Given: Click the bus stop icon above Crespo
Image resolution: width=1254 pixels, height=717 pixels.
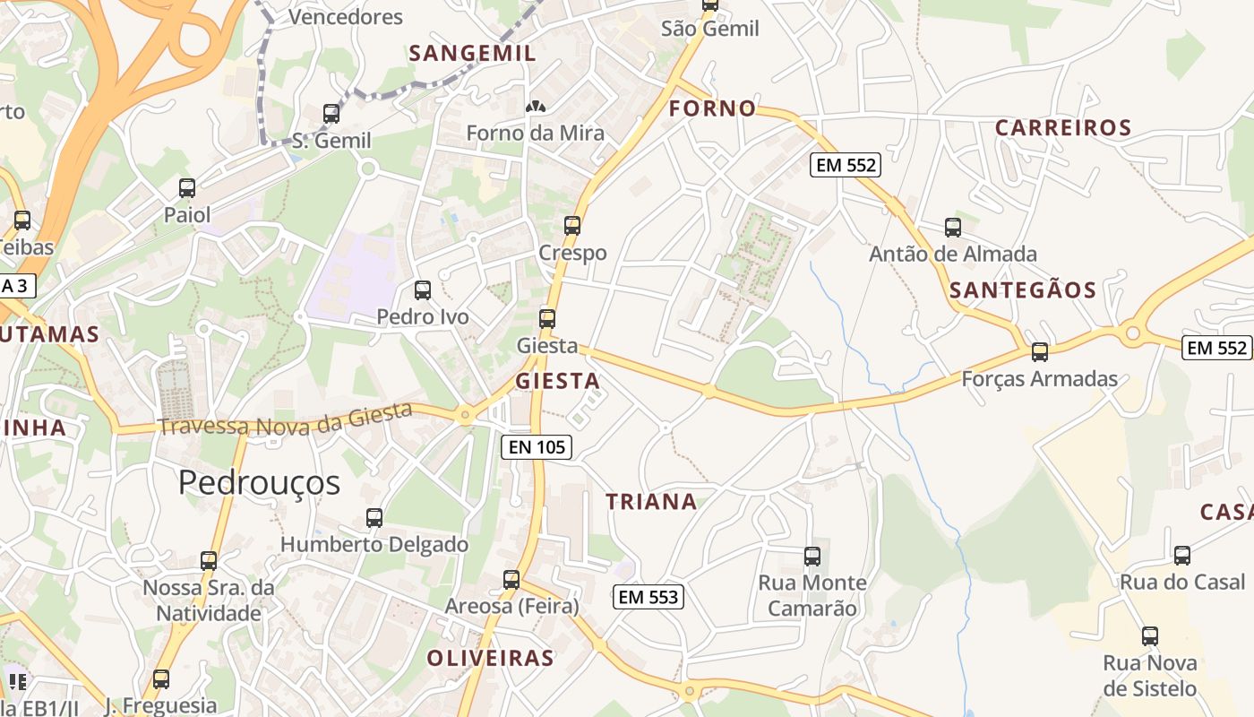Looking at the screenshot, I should pos(572,226).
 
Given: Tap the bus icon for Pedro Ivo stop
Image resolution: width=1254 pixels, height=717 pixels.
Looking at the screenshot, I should pos(423,290).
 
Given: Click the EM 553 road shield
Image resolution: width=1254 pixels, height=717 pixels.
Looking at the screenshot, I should pos(648,597).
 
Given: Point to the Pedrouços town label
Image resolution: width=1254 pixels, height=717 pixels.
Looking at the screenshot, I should pos(259,483).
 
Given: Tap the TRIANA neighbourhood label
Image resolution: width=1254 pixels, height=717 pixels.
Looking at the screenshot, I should pos(651,502).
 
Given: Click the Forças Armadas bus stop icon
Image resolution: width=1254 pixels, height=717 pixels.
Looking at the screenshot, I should pos(1040,352).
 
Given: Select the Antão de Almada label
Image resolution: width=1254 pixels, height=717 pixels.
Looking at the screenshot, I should pos(953,255).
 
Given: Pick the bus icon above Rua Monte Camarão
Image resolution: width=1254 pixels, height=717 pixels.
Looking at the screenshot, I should pos(812,557).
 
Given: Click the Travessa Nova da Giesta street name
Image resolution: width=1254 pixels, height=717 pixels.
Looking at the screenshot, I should pos(286,419).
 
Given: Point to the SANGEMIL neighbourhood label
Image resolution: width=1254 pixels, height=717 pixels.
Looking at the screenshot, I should pos(472,54).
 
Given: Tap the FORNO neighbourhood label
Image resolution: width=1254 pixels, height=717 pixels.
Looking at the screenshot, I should pos(713,109).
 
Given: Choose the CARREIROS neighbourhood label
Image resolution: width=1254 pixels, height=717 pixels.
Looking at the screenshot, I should pos(1063,128).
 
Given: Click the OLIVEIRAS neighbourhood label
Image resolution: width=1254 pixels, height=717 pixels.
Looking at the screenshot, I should pos(490,659).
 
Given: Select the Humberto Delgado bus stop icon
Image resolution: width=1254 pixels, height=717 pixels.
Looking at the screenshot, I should pos(374,518).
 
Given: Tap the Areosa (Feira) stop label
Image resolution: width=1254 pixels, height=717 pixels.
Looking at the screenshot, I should pos(511,607).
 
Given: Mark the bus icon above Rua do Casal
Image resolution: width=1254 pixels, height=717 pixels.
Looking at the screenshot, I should pos(1182,556).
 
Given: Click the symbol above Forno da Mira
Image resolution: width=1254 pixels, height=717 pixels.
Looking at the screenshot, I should pos(536,107).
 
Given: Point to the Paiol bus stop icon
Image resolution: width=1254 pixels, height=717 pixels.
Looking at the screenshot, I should pos(187,188).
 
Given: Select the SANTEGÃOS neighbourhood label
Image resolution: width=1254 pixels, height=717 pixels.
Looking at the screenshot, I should pos(1023,290).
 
